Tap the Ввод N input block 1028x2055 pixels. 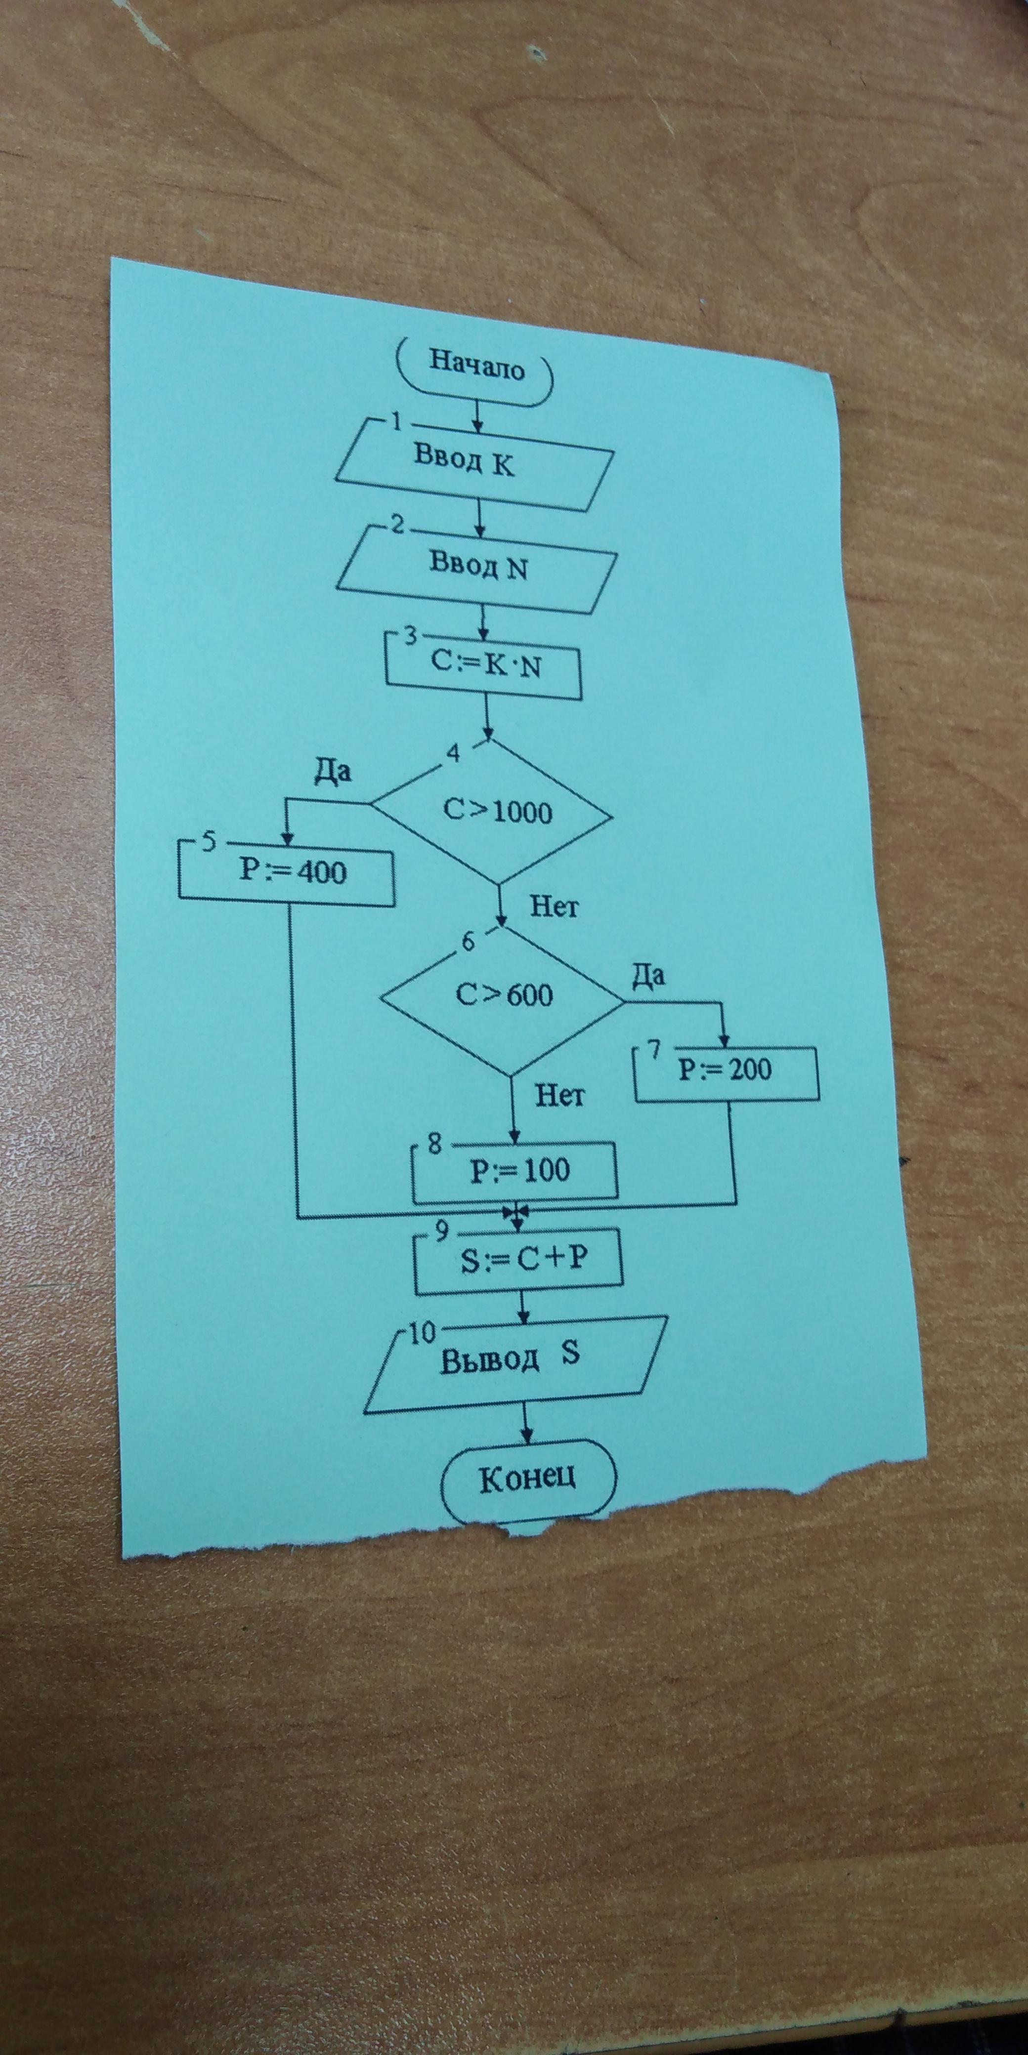pos(479,568)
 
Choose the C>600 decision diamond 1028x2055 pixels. pos(503,995)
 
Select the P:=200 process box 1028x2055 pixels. pos(727,1070)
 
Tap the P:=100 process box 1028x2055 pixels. pos(515,1171)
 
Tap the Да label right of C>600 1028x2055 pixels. pos(648,975)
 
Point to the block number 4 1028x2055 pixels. pos(453,753)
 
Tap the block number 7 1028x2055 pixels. pos(654,1048)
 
